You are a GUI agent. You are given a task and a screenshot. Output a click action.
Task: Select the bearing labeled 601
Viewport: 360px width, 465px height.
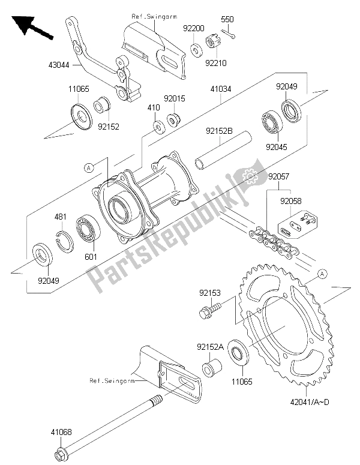click(x=88, y=230)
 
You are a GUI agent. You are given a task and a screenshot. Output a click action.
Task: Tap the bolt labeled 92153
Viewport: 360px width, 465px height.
click(x=206, y=312)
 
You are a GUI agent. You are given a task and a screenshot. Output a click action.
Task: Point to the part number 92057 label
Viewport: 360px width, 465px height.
click(x=278, y=177)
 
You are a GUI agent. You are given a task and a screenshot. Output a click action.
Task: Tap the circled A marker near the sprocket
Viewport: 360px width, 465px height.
click(x=321, y=274)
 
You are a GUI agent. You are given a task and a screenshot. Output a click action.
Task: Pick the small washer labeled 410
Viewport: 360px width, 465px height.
click(x=159, y=127)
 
